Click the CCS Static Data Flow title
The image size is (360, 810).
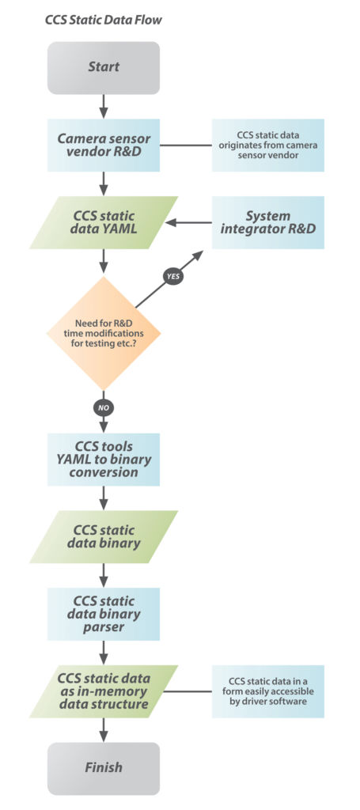pos(104,21)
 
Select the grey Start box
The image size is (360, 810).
pos(104,68)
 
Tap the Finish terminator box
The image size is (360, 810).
pos(104,768)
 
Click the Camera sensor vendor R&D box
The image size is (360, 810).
pos(104,146)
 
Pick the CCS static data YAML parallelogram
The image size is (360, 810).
pos(104,222)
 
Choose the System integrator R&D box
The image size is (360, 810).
pos(268,222)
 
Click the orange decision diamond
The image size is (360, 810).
pos(104,333)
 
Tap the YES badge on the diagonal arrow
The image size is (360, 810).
pos(172,276)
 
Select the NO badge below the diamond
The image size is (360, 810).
pos(104,407)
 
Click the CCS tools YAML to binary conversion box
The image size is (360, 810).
pos(104,460)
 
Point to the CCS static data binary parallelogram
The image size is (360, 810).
pos(104,537)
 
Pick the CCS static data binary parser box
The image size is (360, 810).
pos(104,614)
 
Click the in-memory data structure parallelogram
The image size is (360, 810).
pos(104,691)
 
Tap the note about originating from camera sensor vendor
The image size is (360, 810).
pos(268,146)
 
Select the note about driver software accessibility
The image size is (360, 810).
pos(268,691)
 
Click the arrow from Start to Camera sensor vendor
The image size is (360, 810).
pos(104,106)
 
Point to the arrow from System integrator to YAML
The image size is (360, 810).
pos(188,222)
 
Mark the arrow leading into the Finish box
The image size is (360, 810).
pos(104,729)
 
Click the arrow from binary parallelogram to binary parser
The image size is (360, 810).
pos(104,575)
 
